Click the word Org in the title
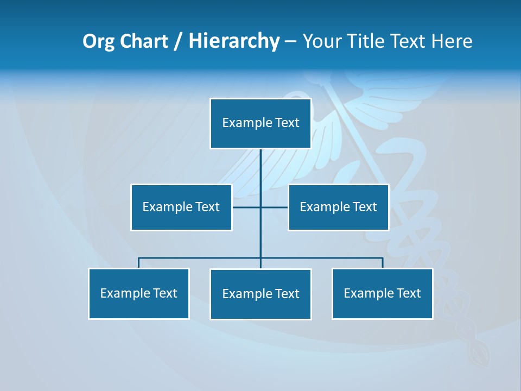coord(98,41)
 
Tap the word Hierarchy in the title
coord(233,41)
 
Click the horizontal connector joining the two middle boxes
coord(274,207)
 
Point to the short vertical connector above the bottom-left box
coord(138,263)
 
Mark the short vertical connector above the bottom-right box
coord(383,263)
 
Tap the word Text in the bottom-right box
coord(409,293)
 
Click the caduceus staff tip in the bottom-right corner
coord(480,356)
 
